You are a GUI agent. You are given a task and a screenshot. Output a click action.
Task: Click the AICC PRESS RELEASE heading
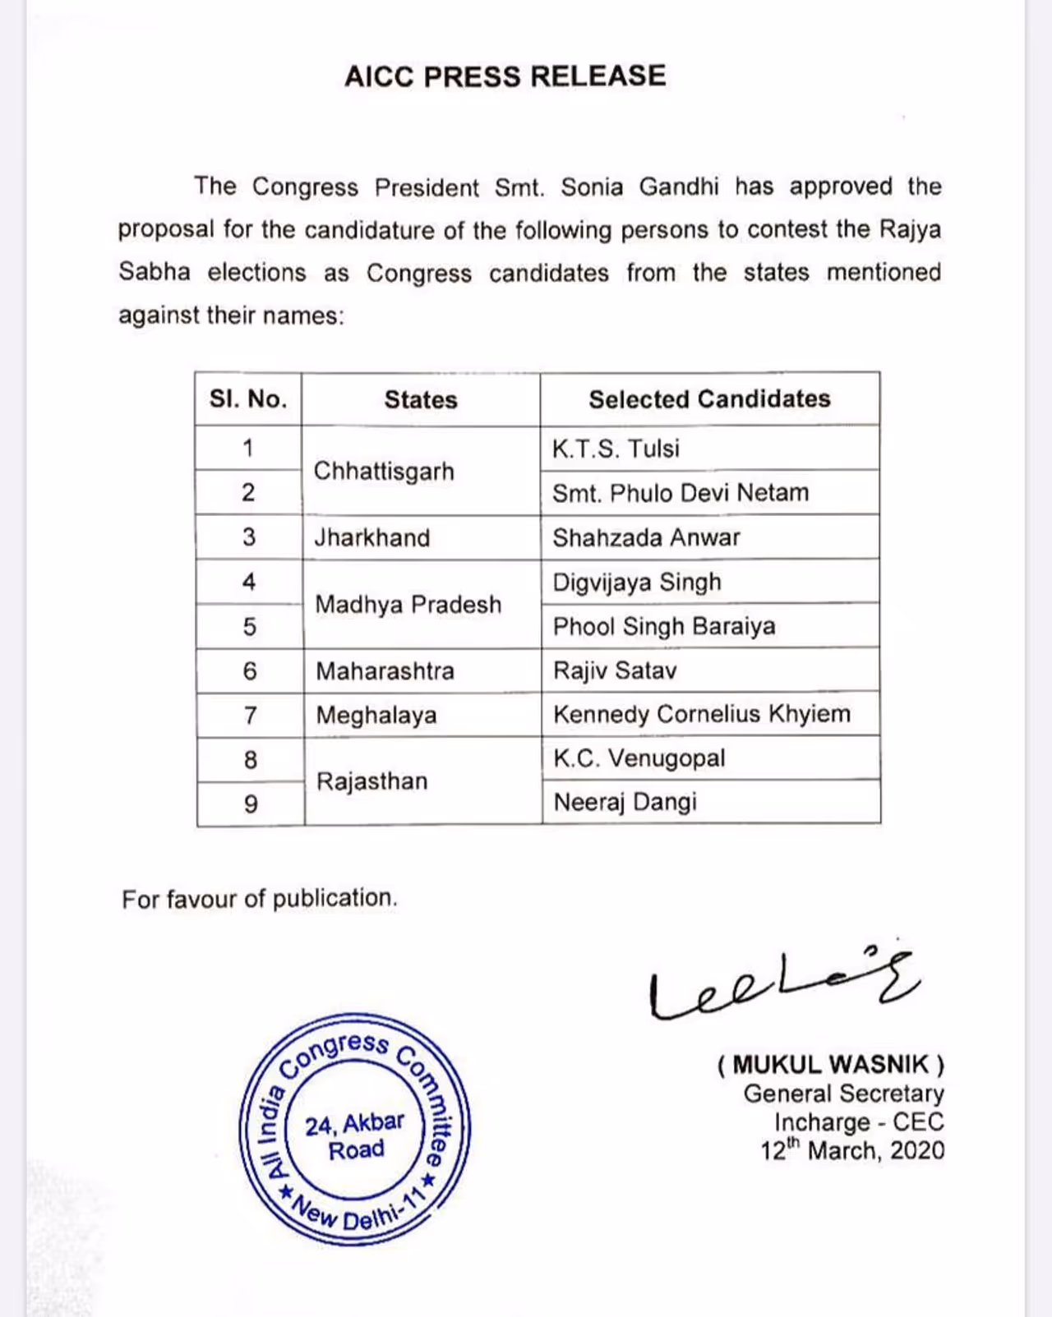505,76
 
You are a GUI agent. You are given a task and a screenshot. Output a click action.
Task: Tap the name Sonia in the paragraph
592,187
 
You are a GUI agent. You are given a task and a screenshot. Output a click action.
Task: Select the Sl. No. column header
248,399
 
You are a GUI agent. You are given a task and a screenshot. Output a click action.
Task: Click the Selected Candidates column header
709,399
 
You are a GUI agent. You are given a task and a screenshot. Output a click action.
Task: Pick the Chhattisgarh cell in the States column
384,472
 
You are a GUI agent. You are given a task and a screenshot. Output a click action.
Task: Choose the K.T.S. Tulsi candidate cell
616,449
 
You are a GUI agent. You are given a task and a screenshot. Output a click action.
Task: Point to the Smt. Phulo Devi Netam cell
681,493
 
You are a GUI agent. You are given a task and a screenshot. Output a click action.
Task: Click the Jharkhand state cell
372,538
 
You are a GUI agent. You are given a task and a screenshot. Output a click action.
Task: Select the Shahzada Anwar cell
646,538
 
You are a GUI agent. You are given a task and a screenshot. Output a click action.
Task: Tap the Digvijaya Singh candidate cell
637,583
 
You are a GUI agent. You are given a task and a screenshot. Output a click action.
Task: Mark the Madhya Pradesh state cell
408,605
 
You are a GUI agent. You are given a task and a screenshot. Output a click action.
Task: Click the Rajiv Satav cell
615,671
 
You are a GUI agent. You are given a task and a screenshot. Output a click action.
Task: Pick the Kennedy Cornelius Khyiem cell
702,714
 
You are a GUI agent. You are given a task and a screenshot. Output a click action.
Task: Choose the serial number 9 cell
251,804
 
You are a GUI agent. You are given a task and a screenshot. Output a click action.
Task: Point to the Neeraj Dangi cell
625,802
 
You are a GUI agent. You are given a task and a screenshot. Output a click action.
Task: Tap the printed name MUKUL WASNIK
831,1065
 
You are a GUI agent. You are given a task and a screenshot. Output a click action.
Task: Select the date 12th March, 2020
852,1150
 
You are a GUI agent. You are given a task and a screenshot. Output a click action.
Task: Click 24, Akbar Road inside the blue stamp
355,1135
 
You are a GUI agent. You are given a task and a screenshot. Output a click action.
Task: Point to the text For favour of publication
260,899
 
